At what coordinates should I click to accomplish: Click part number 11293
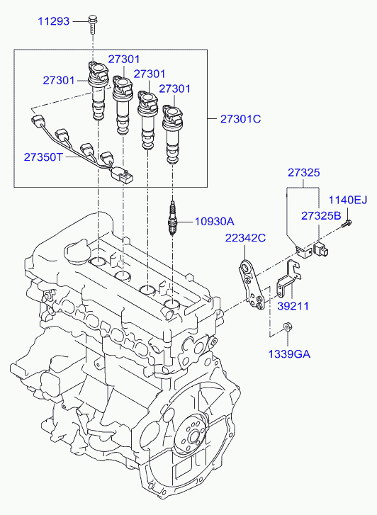tap(54, 21)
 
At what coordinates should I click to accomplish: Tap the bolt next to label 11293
tap(91, 24)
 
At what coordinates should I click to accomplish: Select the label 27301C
tap(241, 118)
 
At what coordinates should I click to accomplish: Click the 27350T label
tap(43, 157)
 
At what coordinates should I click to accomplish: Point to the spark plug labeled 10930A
tap(171, 217)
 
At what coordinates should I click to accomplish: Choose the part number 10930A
tap(215, 221)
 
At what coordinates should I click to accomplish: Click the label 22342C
tap(245, 238)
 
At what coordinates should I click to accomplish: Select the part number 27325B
tap(321, 215)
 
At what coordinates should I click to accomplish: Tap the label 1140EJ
tap(348, 199)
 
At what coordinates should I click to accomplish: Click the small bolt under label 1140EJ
tap(347, 224)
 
